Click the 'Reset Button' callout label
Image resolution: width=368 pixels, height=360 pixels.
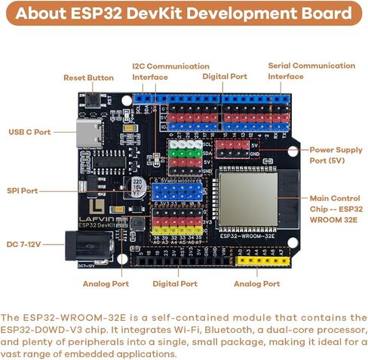click(x=88, y=78)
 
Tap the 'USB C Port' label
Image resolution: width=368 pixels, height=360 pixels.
click(x=29, y=132)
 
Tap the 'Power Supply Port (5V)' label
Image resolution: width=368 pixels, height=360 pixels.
click(x=336, y=154)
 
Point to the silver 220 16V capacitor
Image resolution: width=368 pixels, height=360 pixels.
click(x=137, y=186)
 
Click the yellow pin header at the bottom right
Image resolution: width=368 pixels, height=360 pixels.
click(x=256, y=261)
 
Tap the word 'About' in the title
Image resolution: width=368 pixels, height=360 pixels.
click(x=41, y=14)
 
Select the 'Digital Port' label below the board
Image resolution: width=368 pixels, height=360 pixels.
click(x=175, y=284)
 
